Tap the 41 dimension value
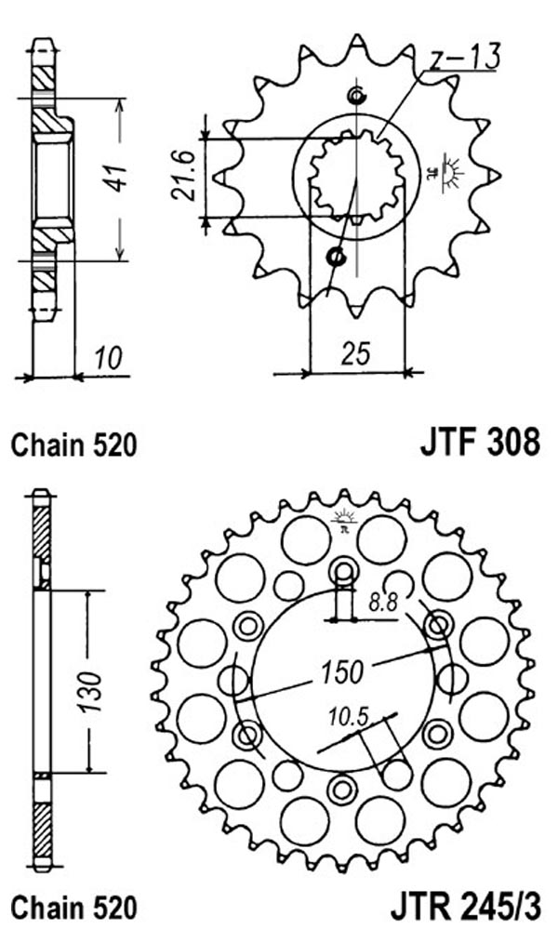pyautogui.click(x=119, y=177)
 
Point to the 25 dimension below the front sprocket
pyautogui.click(x=356, y=353)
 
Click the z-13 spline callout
pyautogui.click(x=465, y=58)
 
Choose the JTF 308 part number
pyautogui.click(x=480, y=442)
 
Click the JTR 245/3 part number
pyautogui.click(x=465, y=906)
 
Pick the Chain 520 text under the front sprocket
pyautogui.click(x=74, y=445)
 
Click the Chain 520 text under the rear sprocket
pyautogui.click(x=74, y=907)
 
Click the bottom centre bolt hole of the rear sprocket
pyautogui.click(x=342, y=789)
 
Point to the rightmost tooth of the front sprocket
pyautogui.click(x=495, y=176)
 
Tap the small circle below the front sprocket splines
pyautogui.click(x=336, y=257)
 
